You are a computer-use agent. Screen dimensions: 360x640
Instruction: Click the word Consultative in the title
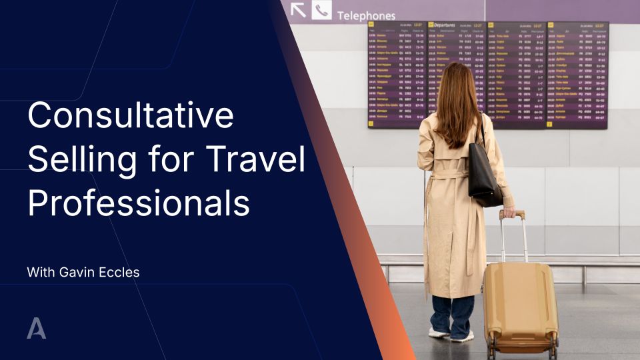coord(130,116)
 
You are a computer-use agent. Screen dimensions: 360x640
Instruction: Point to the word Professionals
coord(138,204)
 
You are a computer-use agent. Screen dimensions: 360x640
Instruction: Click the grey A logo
coord(36,329)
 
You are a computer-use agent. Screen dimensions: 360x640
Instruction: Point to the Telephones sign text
coord(365,15)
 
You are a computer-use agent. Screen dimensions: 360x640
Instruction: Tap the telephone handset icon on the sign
coord(321,10)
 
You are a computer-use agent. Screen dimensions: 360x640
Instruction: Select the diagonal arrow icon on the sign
coord(298,9)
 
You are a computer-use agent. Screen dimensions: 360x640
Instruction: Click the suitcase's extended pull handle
coord(513,237)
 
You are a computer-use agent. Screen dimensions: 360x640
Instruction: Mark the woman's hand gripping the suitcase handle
coord(509,213)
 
